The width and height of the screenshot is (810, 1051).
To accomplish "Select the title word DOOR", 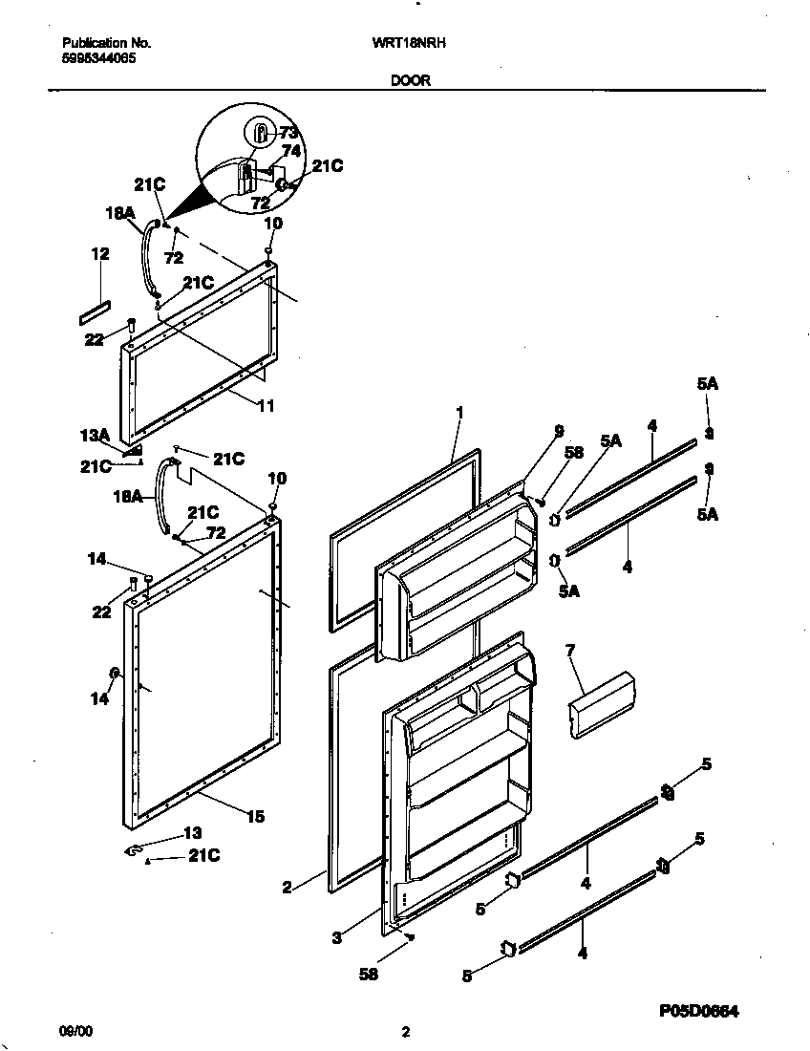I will coord(410,81).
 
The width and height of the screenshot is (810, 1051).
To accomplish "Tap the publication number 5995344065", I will coord(98,57).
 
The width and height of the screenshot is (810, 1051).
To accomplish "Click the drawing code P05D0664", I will coord(699,1010).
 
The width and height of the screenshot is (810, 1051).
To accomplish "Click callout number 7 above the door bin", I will coord(570,651).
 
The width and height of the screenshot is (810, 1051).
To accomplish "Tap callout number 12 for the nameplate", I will coord(100,254).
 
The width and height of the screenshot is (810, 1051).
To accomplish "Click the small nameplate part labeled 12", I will coord(95,311).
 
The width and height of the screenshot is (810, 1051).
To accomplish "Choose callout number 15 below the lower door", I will coord(255,816).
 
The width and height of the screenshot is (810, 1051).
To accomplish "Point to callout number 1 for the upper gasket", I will coord(458,412).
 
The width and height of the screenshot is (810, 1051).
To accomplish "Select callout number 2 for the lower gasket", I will coord(287,888).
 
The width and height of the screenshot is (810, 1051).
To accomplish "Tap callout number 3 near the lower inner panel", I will coord(336,937).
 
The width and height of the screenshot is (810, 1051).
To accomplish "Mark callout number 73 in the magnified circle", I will coord(288,132).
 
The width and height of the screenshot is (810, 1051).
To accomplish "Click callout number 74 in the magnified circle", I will coord(291,150).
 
